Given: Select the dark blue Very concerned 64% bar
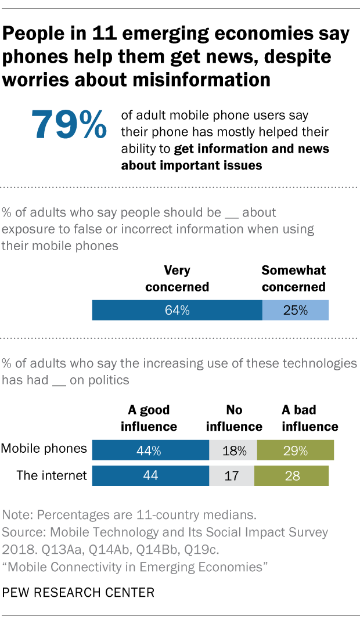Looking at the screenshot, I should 177,311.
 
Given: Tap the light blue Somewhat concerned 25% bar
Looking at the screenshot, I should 296,311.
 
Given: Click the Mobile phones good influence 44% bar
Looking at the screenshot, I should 150,450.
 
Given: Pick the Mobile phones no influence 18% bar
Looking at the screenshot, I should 233,450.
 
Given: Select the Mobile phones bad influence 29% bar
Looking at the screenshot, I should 296,450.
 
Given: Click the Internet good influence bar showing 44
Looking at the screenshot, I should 150,475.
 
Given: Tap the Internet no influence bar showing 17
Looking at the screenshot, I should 233,475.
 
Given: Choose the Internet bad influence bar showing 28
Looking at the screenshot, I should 292,475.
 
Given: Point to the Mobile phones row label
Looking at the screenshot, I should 44,449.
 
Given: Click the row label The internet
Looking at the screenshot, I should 51,475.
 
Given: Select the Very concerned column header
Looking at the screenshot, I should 177,279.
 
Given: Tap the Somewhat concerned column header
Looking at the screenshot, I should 293,279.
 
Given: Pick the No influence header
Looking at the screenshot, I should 234,418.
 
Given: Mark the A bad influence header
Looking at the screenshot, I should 309,418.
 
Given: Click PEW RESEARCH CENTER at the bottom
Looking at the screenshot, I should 78,593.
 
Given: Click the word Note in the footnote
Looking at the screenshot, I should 16,515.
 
